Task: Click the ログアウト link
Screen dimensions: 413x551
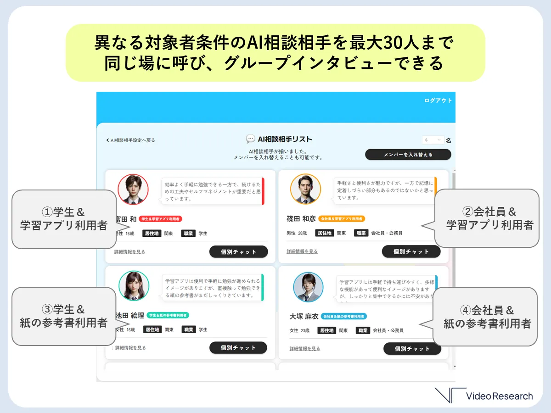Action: pos(438,100)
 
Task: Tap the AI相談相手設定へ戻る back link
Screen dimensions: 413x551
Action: pos(131,140)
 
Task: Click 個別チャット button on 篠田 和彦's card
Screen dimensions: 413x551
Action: pos(411,251)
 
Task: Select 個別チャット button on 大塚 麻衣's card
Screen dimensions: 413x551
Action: pos(412,349)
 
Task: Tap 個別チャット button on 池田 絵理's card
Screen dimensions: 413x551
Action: pos(238,348)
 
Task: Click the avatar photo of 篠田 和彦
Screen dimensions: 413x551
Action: pos(305,189)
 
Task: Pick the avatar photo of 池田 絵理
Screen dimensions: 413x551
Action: pos(134,286)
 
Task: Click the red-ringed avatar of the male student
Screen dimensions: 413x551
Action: pos(133,189)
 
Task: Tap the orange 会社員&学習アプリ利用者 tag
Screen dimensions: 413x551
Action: pos(342,219)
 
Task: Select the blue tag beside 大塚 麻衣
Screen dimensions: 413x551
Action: pos(344,316)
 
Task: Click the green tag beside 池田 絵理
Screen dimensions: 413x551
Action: pos(168,315)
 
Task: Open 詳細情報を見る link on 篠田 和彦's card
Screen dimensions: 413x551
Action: pos(302,251)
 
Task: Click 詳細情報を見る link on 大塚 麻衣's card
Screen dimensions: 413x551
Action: pos(304,349)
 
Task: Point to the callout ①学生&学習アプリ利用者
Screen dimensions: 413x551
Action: pos(63,219)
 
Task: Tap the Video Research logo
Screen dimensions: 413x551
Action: pos(484,396)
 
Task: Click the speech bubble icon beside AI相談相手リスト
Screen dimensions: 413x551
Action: pos(250,139)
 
